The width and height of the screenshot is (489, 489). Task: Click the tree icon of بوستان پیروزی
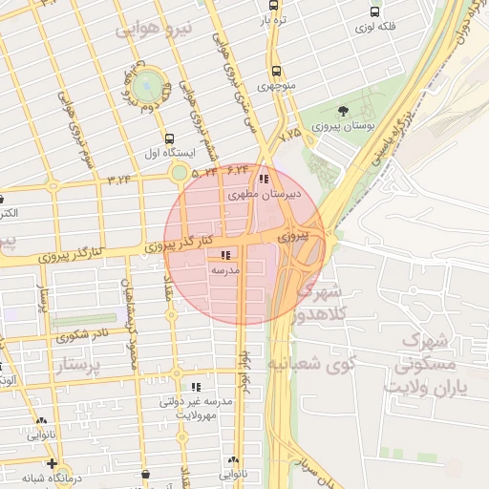pos(342,113)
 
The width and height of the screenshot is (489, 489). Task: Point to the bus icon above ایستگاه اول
pos(169,138)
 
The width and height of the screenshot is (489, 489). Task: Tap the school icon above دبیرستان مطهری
pos(264,178)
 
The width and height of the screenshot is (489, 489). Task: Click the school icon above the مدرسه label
pos(225,255)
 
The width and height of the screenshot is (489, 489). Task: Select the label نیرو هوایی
pos(155,30)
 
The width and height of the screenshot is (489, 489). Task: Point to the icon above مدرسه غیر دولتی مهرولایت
pos(196,387)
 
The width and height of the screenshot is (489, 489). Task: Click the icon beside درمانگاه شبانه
pos(51,463)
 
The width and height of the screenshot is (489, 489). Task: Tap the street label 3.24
pos(119,179)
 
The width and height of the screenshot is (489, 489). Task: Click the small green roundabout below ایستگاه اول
pos(179,173)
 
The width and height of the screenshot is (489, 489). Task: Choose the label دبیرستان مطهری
pos(266,194)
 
